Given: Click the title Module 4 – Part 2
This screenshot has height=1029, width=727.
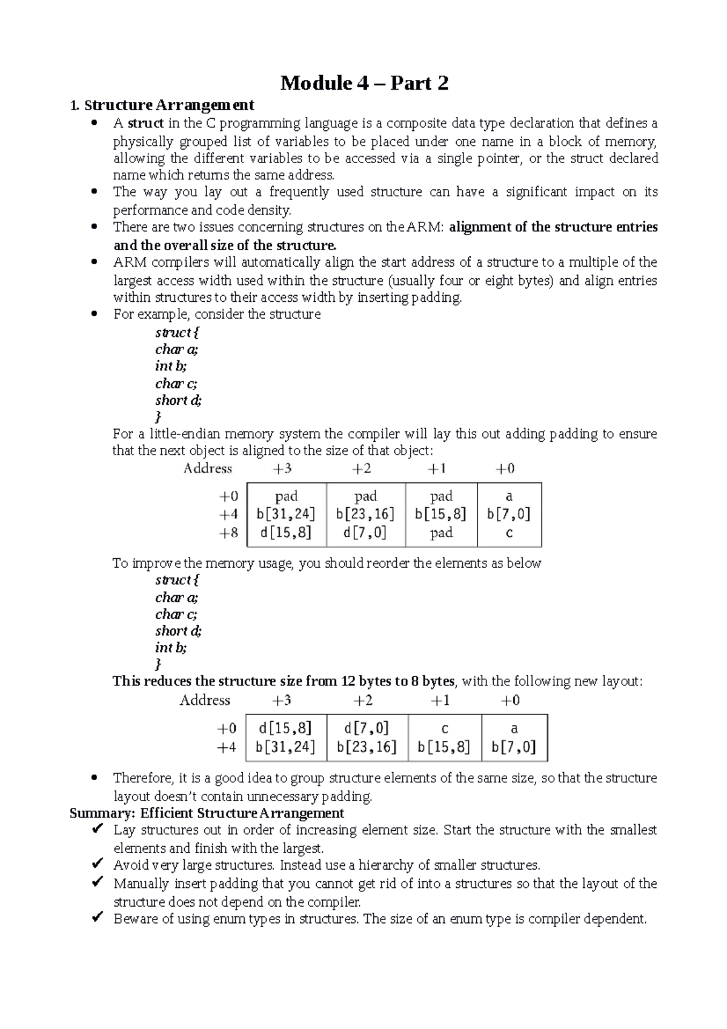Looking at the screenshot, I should (x=364, y=83).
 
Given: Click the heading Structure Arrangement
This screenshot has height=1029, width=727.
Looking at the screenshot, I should (x=169, y=105).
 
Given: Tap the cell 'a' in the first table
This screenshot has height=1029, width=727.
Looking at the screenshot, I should (x=509, y=496).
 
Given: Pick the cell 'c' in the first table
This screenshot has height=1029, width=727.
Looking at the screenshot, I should (x=509, y=533).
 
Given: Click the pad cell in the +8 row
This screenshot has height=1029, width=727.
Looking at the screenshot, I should (x=441, y=533).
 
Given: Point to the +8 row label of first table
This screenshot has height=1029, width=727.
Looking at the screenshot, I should (x=228, y=533).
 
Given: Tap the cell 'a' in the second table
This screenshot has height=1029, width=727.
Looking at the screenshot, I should (x=514, y=728).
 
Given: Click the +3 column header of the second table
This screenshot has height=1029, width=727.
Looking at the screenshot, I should (x=281, y=701).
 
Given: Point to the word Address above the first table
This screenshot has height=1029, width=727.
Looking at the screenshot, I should (x=208, y=468).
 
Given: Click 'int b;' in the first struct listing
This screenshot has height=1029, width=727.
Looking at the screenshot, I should (x=171, y=366).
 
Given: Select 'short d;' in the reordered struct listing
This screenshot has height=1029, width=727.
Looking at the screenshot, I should (x=178, y=631).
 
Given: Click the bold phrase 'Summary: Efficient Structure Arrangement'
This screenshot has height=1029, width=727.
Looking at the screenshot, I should (x=207, y=813).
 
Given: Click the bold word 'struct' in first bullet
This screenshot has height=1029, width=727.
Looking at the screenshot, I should (x=145, y=124).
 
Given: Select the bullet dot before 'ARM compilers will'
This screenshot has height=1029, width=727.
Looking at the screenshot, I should (x=93, y=263).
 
